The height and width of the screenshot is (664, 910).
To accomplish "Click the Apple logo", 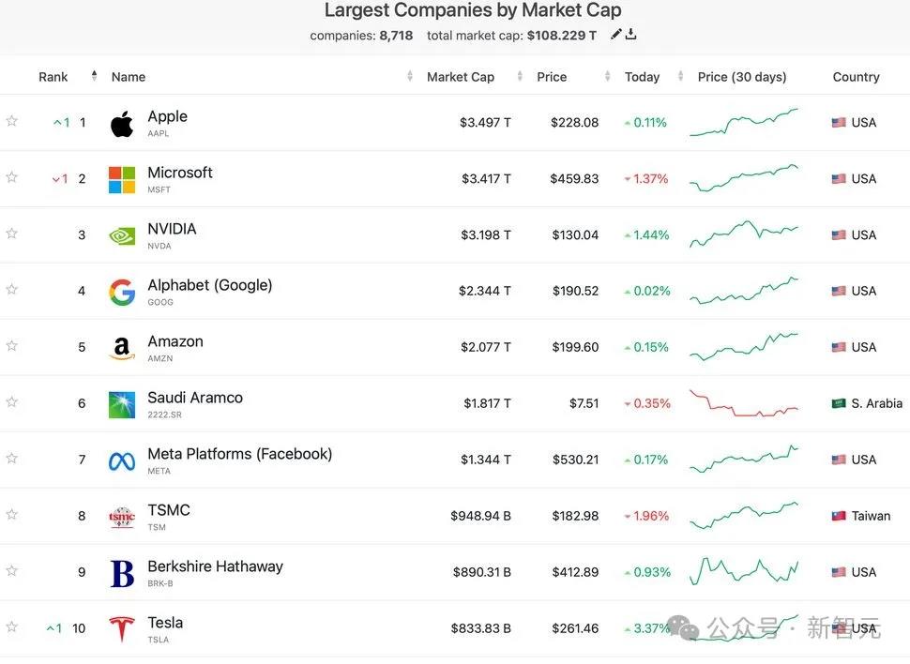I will click(122, 124).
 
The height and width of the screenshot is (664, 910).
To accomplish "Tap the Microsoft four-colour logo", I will click(122, 179).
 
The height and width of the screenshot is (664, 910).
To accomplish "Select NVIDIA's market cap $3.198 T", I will click(485, 234).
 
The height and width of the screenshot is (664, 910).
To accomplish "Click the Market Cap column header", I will click(460, 77).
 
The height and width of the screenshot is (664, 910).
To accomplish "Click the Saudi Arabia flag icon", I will click(839, 403).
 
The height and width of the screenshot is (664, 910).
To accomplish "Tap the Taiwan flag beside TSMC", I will click(839, 516).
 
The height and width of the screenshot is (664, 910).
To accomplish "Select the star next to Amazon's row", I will click(12, 346).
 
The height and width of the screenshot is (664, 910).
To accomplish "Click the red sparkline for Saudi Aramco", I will click(743, 404).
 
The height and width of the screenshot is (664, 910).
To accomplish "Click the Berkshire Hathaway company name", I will click(215, 566).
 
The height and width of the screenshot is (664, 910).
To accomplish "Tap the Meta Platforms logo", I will click(122, 460).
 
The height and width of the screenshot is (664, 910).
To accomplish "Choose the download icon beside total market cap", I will click(631, 35).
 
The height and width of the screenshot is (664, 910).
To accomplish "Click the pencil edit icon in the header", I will click(615, 35).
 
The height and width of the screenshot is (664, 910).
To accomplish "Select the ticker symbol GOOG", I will click(160, 302).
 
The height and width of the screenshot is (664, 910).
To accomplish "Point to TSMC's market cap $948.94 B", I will click(480, 516).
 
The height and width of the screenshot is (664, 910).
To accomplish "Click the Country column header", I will click(856, 77).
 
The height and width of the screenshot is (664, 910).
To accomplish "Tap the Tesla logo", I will click(122, 629).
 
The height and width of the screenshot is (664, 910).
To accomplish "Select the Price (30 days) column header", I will click(742, 77).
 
